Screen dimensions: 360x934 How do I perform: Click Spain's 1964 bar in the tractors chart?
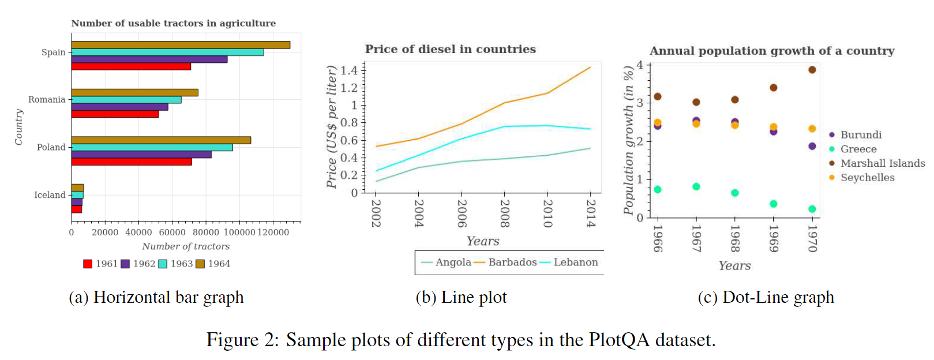click(180, 45)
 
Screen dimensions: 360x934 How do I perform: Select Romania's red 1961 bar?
click(115, 114)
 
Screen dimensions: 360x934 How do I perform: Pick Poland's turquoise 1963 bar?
click(152, 148)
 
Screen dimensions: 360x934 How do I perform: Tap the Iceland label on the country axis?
click(50, 195)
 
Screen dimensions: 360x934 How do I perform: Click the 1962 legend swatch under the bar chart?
click(125, 264)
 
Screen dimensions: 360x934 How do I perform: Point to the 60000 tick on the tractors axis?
click(172, 232)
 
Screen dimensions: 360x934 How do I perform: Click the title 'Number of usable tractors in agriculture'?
click(173, 23)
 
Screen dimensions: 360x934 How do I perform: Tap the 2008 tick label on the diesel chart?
click(505, 213)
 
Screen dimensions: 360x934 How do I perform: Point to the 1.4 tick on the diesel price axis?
click(349, 71)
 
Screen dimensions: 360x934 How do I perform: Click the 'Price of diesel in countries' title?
click(450, 50)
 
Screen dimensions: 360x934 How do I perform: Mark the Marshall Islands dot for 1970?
click(812, 70)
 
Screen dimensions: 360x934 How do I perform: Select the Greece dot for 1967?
click(696, 187)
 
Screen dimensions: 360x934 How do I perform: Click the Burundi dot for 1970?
click(812, 147)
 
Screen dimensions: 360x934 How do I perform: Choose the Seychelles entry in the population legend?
click(867, 178)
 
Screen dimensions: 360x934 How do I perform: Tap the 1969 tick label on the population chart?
click(774, 238)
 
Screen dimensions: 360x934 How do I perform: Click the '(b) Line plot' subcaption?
click(461, 298)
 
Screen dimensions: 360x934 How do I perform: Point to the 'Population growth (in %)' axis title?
click(629, 140)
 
